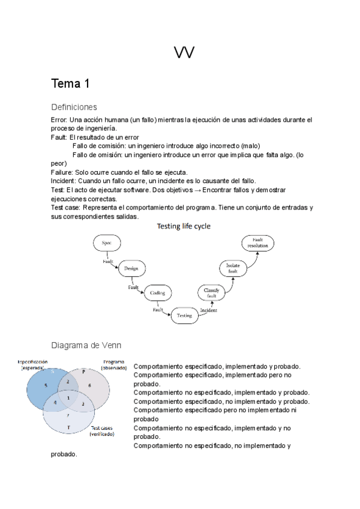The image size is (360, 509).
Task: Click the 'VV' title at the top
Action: pyautogui.click(x=184, y=54)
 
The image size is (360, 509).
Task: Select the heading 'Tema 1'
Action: pyautogui.click(x=70, y=83)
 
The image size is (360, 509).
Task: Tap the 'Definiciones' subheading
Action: pyautogui.click(x=74, y=107)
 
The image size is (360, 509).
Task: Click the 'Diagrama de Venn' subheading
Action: pyautogui.click(x=86, y=345)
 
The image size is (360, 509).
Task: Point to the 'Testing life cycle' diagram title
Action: pyautogui.click(x=184, y=226)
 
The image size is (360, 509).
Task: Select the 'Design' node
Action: pyautogui.click(x=131, y=268)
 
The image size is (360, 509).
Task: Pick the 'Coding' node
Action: pyautogui.click(x=157, y=293)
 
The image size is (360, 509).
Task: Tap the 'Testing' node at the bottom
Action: pyautogui.click(x=184, y=315)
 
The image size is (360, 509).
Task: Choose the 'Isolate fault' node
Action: pyautogui.click(x=233, y=268)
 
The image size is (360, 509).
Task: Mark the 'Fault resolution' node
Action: pyautogui.click(x=258, y=243)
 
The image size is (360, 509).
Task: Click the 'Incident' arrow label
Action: pyautogui.click(x=209, y=311)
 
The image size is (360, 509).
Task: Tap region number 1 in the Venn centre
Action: pyautogui.click(x=68, y=397)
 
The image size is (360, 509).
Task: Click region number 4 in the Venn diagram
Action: pyautogui.click(x=55, y=402)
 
